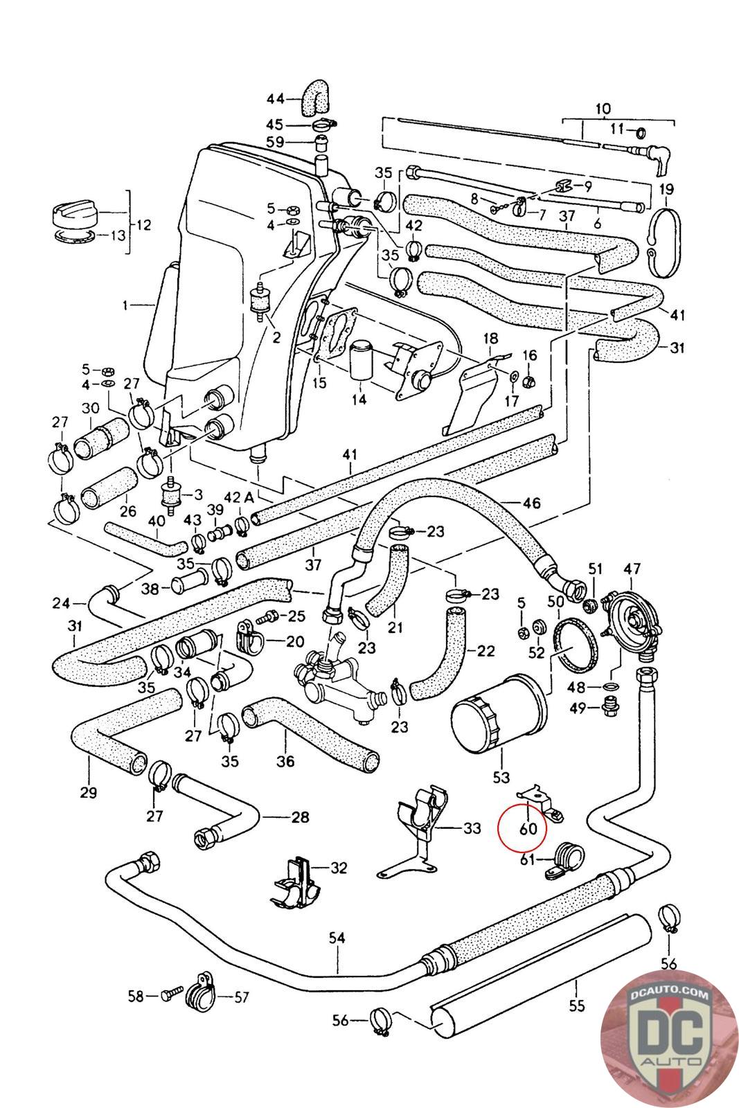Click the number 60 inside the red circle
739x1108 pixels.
click(528, 828)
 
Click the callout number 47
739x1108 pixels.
click(632, 570)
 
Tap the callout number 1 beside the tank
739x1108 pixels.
click(125, 305)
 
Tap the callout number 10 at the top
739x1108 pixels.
click(602, 108)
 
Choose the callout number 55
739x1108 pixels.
click(576, 1005)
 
